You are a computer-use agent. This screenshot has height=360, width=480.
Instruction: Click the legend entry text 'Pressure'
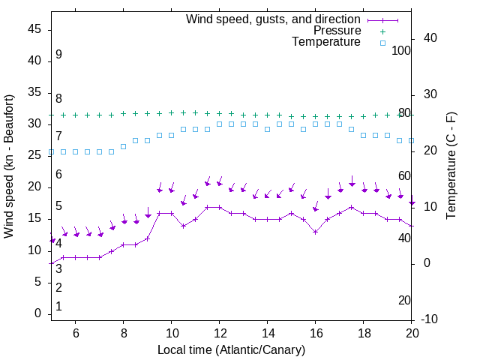336,31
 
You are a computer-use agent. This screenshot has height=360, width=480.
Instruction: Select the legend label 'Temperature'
326,42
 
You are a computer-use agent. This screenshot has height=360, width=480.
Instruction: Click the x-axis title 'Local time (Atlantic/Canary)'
231,349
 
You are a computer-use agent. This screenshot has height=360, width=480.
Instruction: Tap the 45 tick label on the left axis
34,29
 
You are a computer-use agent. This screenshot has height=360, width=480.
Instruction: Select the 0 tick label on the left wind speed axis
37,313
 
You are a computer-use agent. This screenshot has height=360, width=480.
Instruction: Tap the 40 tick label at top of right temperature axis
431,38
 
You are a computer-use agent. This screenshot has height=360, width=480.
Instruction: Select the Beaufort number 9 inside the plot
58,55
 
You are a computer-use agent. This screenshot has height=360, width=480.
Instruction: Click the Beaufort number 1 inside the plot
58,307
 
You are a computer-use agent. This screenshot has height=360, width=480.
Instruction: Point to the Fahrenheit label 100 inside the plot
402,50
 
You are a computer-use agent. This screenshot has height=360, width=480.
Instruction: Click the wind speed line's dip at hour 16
316,232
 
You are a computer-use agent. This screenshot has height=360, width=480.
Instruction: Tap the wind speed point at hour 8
124,244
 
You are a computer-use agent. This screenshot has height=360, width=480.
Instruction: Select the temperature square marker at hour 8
124,146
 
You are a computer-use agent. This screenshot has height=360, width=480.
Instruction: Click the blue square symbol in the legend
382,43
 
